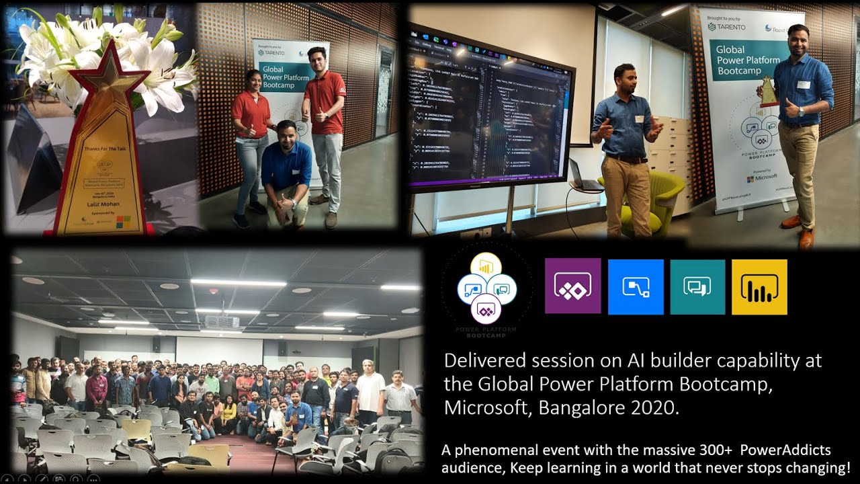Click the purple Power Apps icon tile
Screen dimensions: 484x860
[x=572, y=286]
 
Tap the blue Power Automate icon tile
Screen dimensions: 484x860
[x=635, y=287]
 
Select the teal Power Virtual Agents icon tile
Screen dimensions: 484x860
[x=697, y=287]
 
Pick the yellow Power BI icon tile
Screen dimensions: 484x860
[x=759, y=287]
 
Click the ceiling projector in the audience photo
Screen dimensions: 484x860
[x=222, y=322]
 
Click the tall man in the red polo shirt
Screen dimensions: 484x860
[x=325, y=128]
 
